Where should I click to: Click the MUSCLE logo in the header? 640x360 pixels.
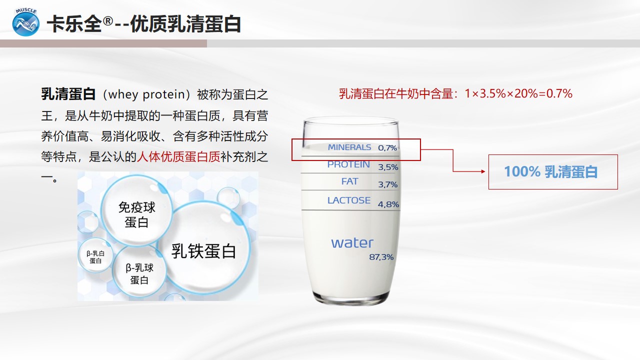point(25,22)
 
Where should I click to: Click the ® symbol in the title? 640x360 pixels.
point(107,21)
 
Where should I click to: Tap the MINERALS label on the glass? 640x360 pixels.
point(349,147)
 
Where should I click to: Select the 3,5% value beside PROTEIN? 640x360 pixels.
point(388,167)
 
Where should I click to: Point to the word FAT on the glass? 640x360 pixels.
point(349,181)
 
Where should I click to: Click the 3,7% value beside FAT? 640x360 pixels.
point(387,184)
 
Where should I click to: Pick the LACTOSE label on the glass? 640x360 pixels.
point(349,200)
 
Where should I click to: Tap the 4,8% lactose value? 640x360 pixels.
point(388,204)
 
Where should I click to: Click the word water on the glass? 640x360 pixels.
point(352,243)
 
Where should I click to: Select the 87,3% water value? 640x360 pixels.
point(381,257)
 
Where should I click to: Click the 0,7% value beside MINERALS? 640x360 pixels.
point(387,147)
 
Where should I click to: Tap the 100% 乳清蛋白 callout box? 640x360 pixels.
point(553,172)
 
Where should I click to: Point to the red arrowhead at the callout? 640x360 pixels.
point(483,171)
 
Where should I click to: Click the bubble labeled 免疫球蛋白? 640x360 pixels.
point(136,210)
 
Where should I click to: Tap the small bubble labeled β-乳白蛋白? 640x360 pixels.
point(95,255)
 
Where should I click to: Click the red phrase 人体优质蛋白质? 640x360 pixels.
point(178,156)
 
